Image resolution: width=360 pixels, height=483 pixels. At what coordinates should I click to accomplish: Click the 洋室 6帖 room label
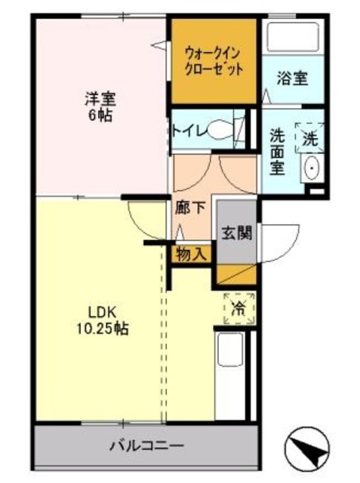click(100, 106)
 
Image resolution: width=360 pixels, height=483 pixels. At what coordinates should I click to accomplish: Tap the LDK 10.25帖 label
click(102, 321)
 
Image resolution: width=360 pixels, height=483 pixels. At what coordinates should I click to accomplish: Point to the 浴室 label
click(292, 78)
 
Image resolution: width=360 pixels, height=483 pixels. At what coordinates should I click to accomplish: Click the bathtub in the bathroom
click(293, 37)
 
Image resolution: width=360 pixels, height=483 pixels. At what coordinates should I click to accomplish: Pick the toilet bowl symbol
click(220, 131)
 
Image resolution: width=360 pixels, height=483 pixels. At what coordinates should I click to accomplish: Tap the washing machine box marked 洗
click(309, 137)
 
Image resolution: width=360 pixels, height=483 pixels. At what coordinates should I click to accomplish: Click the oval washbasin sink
click(312, 168)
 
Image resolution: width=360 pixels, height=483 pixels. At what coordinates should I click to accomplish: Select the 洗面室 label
click(277, 152)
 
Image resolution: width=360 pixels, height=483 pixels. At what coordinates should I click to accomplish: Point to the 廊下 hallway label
click(190, 208)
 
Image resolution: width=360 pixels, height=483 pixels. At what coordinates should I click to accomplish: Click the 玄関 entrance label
click(237, 232)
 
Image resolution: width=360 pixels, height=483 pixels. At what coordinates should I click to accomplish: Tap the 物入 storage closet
click(191, 254)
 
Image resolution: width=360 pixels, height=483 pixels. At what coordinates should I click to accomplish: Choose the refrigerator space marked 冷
click(239, 309)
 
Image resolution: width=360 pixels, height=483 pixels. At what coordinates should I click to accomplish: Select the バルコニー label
click(147, 445)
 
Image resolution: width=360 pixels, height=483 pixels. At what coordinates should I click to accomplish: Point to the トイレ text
click(189, 131)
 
